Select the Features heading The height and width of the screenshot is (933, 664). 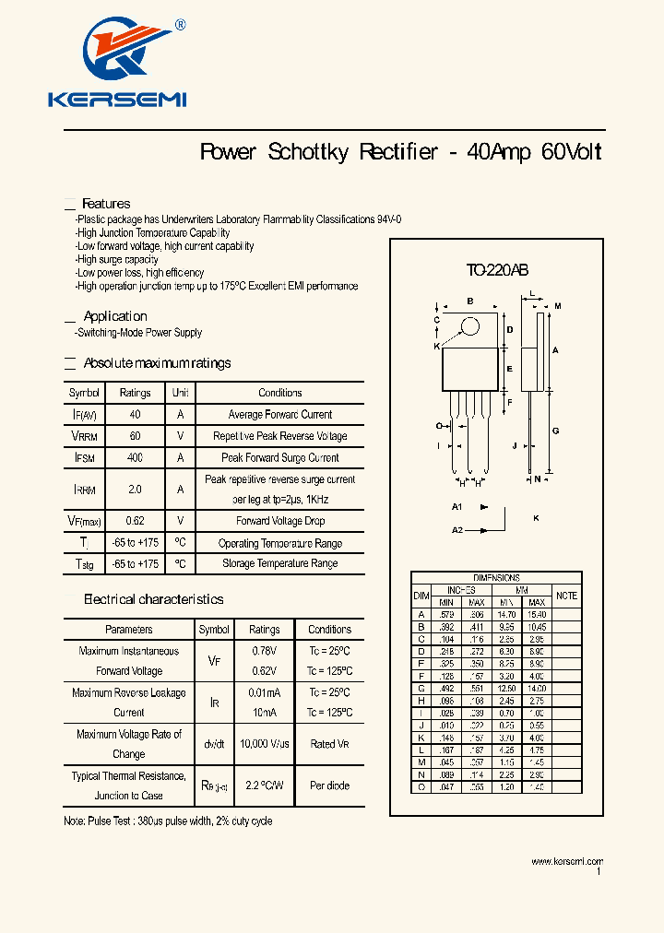pos(106,204)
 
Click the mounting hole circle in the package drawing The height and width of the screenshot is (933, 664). pos(470,326)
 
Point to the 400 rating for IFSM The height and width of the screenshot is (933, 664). pos(136,458)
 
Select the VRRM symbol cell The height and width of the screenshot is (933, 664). pos(84,436)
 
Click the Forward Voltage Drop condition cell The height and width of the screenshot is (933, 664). pos(279,521)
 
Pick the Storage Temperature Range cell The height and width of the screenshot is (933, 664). pos(279,563)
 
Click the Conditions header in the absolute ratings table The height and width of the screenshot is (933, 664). pos(279,393)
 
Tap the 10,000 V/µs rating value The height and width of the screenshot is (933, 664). pos(264,744)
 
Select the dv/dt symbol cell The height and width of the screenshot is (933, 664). pos(214,744)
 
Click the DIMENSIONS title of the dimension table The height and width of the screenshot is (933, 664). pos(496,578)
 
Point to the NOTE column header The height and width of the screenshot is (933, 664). pos(566,596)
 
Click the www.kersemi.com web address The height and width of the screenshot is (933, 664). pos(566,861)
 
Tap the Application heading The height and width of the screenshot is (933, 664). pos(115,316)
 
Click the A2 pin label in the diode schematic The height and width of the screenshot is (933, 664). pos(456,530)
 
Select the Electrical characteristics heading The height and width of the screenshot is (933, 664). pos(153,599)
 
